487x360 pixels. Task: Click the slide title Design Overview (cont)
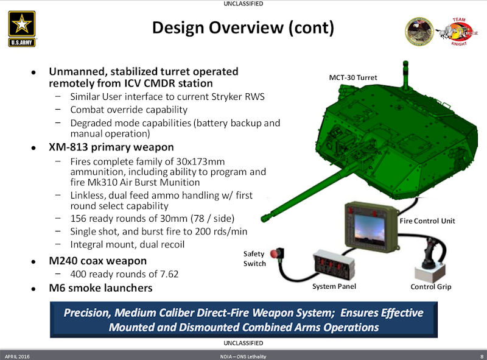tap(243, 28)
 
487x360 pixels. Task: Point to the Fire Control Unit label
tap(427, 220)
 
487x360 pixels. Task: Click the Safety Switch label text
tap(254, 258)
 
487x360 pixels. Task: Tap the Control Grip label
tap(430, 286)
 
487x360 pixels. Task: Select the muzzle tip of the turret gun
tap(264, 217)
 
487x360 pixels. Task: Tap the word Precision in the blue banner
tap(89, 313)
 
